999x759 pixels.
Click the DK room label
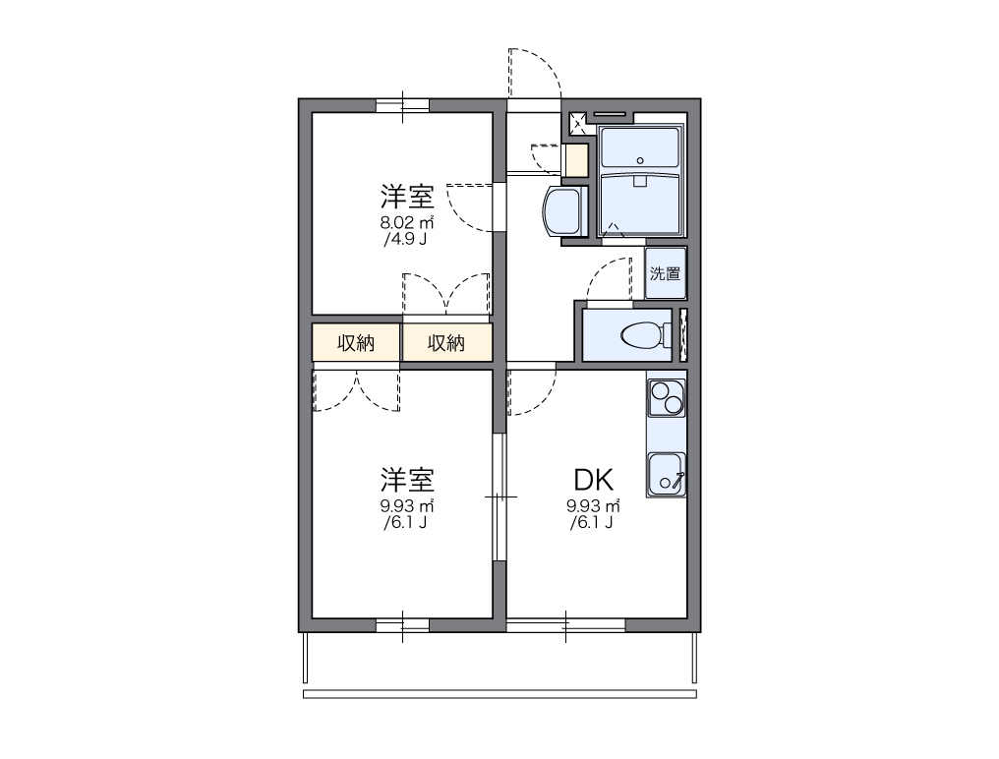tap(594, 480)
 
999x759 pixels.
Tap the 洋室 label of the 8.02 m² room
tap(407, 195)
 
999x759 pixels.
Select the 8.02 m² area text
tap(407, 222)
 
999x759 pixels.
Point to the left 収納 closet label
tap(356, 343)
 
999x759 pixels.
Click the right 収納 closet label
tap(446, 343)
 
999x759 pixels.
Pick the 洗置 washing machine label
tap(666, 274)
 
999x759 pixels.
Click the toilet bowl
tap(639, 335)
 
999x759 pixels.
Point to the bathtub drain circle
tap(639, 160)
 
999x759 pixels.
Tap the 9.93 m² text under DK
tap(593, 506)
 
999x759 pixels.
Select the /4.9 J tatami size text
tap(405, 238)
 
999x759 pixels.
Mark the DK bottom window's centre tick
tap(566, 624)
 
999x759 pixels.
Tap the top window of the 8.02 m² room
tap(403, 105)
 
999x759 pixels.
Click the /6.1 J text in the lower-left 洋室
tap(405, 522)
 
